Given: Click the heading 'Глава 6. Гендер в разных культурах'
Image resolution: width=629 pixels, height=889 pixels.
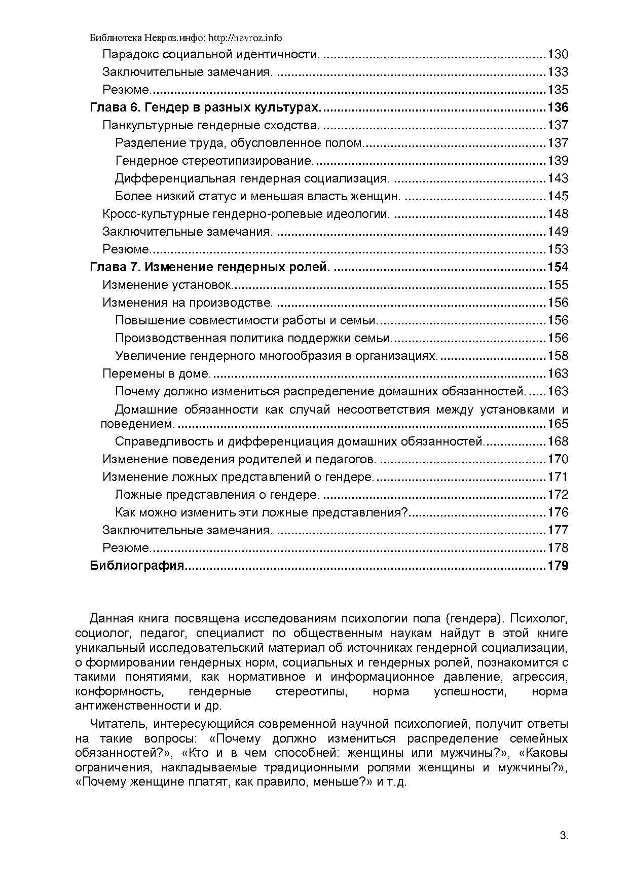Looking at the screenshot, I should point(205,107).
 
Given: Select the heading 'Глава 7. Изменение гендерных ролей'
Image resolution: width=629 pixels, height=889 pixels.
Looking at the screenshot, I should point(210,267).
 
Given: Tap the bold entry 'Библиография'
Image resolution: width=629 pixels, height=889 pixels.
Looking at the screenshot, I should point(137,566).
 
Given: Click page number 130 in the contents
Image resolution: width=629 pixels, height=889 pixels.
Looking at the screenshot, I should point(558,54).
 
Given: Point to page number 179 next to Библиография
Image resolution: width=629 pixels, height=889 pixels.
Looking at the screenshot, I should point(558,566).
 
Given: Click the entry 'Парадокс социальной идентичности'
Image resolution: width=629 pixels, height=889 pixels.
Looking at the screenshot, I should point(211,54).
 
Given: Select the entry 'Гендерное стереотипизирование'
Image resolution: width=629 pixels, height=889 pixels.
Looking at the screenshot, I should point(214,161).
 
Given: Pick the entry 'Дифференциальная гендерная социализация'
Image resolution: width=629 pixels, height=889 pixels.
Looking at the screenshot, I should point(252,178).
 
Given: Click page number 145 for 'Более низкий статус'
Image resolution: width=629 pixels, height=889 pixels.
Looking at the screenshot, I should point(558,196).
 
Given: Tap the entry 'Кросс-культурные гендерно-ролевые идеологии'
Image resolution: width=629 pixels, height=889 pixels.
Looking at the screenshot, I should point(246,214).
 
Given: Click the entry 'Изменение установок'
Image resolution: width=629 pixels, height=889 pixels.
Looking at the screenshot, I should point(168,285).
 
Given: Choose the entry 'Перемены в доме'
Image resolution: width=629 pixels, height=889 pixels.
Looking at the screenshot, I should point(157,374).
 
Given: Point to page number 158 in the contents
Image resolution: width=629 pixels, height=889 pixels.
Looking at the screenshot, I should point(558,356).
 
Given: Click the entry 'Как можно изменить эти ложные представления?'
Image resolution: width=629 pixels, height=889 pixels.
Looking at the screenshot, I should point(261,512).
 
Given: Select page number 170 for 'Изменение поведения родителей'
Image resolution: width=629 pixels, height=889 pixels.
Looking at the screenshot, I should point(558,459).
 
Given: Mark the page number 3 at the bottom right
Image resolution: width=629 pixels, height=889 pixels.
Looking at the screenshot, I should point(564,836).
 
